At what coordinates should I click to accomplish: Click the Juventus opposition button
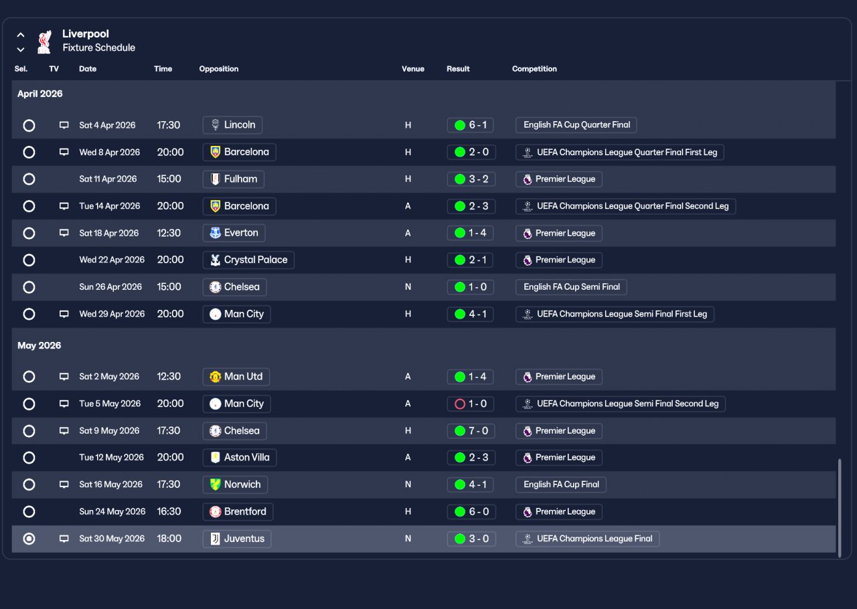236,539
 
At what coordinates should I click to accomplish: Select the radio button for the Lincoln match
29,125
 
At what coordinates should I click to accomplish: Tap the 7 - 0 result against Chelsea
471,431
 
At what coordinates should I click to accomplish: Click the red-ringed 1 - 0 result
471,404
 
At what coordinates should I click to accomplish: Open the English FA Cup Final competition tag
560,485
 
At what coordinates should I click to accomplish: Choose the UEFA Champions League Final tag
587,539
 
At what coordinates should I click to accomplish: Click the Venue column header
412,69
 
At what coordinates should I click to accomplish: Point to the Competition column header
534,69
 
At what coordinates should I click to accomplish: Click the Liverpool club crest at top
44,41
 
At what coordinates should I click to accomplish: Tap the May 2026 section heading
39,345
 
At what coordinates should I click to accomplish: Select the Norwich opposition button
235,485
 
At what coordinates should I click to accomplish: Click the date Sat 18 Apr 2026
109,233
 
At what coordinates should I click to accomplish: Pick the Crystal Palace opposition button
248,260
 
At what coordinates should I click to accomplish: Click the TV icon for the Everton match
64,233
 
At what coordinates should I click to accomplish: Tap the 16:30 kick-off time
169,511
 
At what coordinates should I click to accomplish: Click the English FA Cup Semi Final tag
571,286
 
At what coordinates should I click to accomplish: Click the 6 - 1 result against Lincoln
471,125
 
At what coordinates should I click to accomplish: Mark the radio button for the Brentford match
29,511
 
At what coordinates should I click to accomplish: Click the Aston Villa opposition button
239,458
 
